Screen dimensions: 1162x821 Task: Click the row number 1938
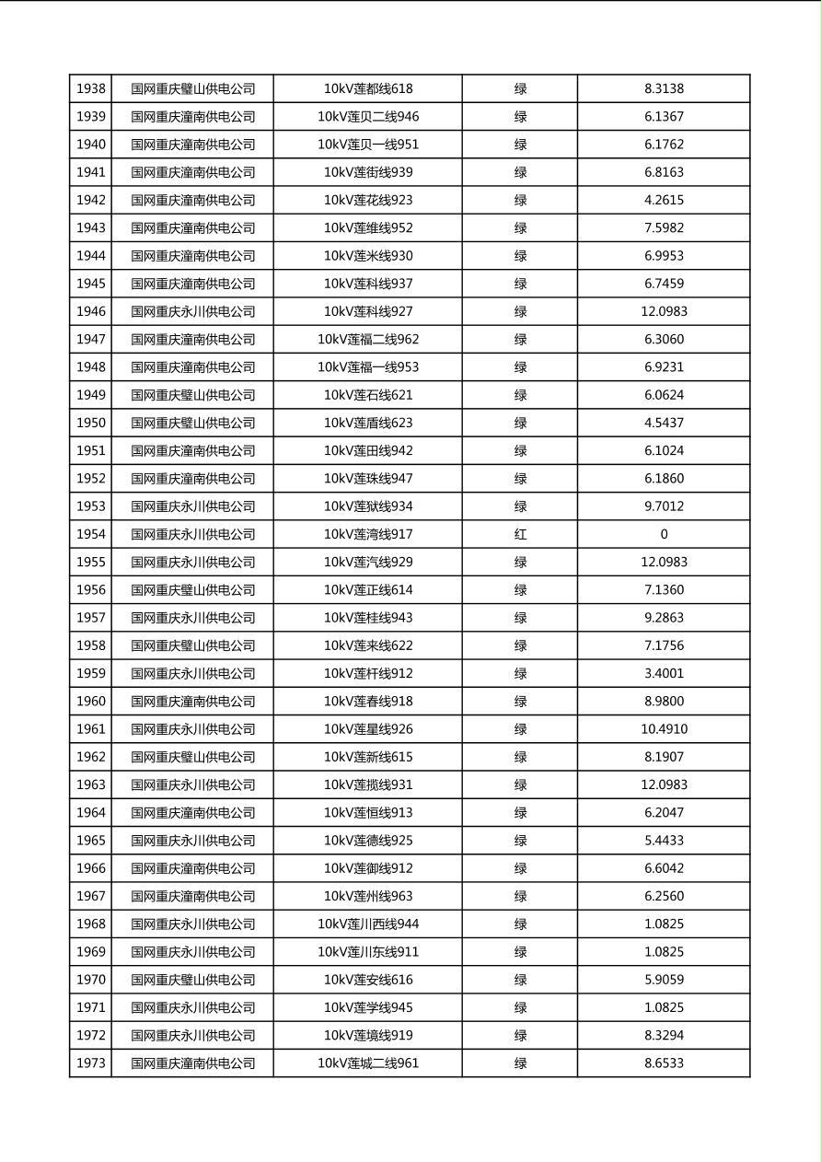click(x=90, y=89)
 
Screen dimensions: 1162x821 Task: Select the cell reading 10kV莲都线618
click(x=368, y=89)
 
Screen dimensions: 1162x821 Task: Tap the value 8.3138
click(x=664, y=89)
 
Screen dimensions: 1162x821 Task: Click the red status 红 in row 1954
click(x=520, y=534)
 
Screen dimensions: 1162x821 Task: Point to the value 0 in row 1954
click(x=664, y=534)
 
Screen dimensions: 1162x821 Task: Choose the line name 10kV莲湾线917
click(x=368, y=534)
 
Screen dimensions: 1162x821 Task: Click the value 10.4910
click(x=664, y=729)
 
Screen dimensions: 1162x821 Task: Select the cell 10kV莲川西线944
click(x=368, y=924)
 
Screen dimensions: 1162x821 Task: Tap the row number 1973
click(x=90, y=1063)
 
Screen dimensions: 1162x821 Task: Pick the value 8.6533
click(x=664, y=1063)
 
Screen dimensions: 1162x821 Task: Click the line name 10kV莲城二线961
click(x=368, y=1063)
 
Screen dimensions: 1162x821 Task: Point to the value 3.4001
click(x=664, y=673)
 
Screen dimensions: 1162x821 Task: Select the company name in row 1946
click(x=192, y=311)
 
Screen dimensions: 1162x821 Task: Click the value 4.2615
click(x=664, y=200)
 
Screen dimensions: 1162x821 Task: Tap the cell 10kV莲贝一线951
click(x=368, y=145)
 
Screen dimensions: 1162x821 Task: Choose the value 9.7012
click(x=664, y=506)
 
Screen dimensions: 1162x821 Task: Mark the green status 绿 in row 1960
click(x=520, y=701)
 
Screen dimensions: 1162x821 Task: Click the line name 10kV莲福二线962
click(x=368, y=339)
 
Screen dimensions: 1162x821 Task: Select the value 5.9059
click(x=664, y=980)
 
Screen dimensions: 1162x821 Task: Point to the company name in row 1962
click(x=192, y=757)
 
